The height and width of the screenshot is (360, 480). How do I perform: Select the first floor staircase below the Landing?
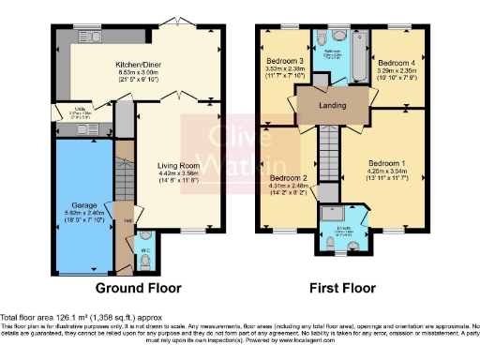coord(327,151)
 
